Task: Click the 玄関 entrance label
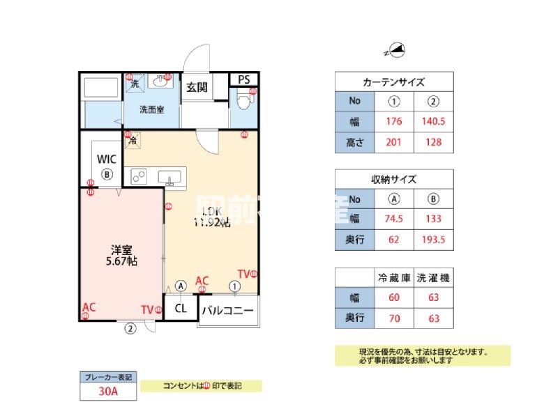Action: tap(197, 87)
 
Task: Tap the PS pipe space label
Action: tap(243, 79)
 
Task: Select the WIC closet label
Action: tap(107, 158)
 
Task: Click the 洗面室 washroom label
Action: tap(151, 109)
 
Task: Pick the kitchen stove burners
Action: tap(137, 176)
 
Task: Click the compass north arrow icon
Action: tap(397, 50)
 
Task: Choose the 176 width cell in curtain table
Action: tap(394, 121)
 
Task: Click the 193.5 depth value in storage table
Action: tap(434, 240)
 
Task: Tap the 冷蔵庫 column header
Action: tap(394, 277)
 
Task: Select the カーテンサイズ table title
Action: tap(394, 82)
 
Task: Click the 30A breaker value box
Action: tap(107, 392)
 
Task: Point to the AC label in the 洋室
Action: tap(89, 307)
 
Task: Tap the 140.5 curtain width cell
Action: tap(434, 121)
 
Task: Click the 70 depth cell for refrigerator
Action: tap(394, 317)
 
